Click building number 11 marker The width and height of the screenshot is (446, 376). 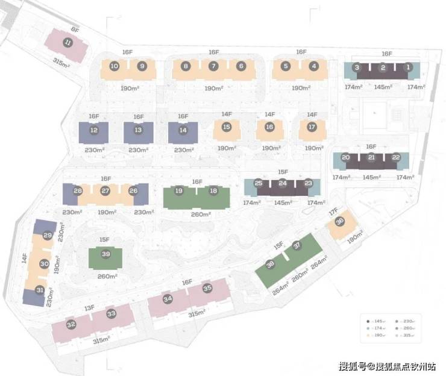tap(68, 42)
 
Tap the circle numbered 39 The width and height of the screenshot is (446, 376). tap(106, 254)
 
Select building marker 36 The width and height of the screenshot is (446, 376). tap(340, 222)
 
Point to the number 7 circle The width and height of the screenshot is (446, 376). tap(213, 66)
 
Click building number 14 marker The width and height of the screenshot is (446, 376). tap(183, 130)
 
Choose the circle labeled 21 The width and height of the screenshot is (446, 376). tap(371, 158)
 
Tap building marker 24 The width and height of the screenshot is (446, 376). tap(283, 183)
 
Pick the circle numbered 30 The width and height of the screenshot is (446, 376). tap(43, 263)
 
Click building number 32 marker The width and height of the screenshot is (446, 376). tap(71, 325)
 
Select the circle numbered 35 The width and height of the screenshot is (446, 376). tap(207, 288)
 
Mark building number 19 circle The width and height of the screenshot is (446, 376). tap(178, 191)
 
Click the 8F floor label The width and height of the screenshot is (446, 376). tap(75, 28)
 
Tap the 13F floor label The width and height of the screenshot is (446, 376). tap(90, 308)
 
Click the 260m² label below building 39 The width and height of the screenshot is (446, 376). tap(107, 276)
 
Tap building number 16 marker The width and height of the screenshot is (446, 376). tap(269, 127)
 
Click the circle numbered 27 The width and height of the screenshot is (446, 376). tap(105, 191)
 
